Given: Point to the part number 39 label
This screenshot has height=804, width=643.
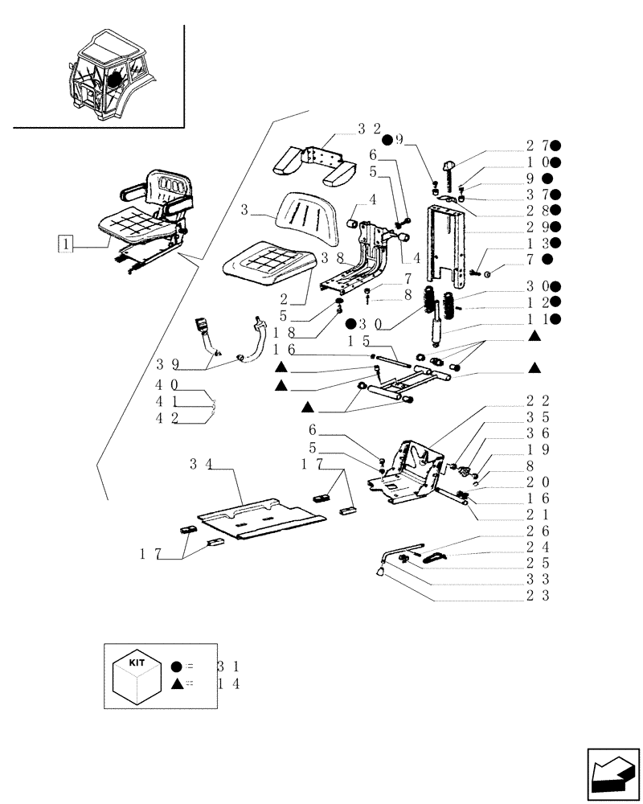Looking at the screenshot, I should (x=168, y=364).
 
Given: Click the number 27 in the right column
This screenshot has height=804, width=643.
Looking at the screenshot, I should (x=536, y=146).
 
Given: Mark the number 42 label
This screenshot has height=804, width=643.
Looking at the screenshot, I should (x=167, y=417).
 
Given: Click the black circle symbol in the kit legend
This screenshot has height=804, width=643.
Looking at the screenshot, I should (x=176, y=667).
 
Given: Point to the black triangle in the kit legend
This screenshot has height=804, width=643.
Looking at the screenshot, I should (x=176, y=683).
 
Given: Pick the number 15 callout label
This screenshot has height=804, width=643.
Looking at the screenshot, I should (x=358, y=342).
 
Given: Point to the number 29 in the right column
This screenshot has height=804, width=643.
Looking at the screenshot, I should (x=536, y=227).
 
